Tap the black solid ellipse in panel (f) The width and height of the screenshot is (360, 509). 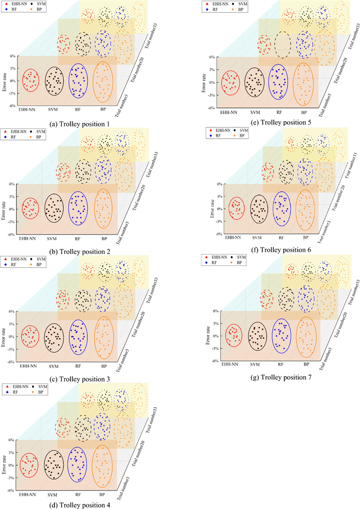point(259,208)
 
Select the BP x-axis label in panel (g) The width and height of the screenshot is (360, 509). point(307,364)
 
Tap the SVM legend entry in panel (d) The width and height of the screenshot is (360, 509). point(39,386)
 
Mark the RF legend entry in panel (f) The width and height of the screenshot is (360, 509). point(219,136)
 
